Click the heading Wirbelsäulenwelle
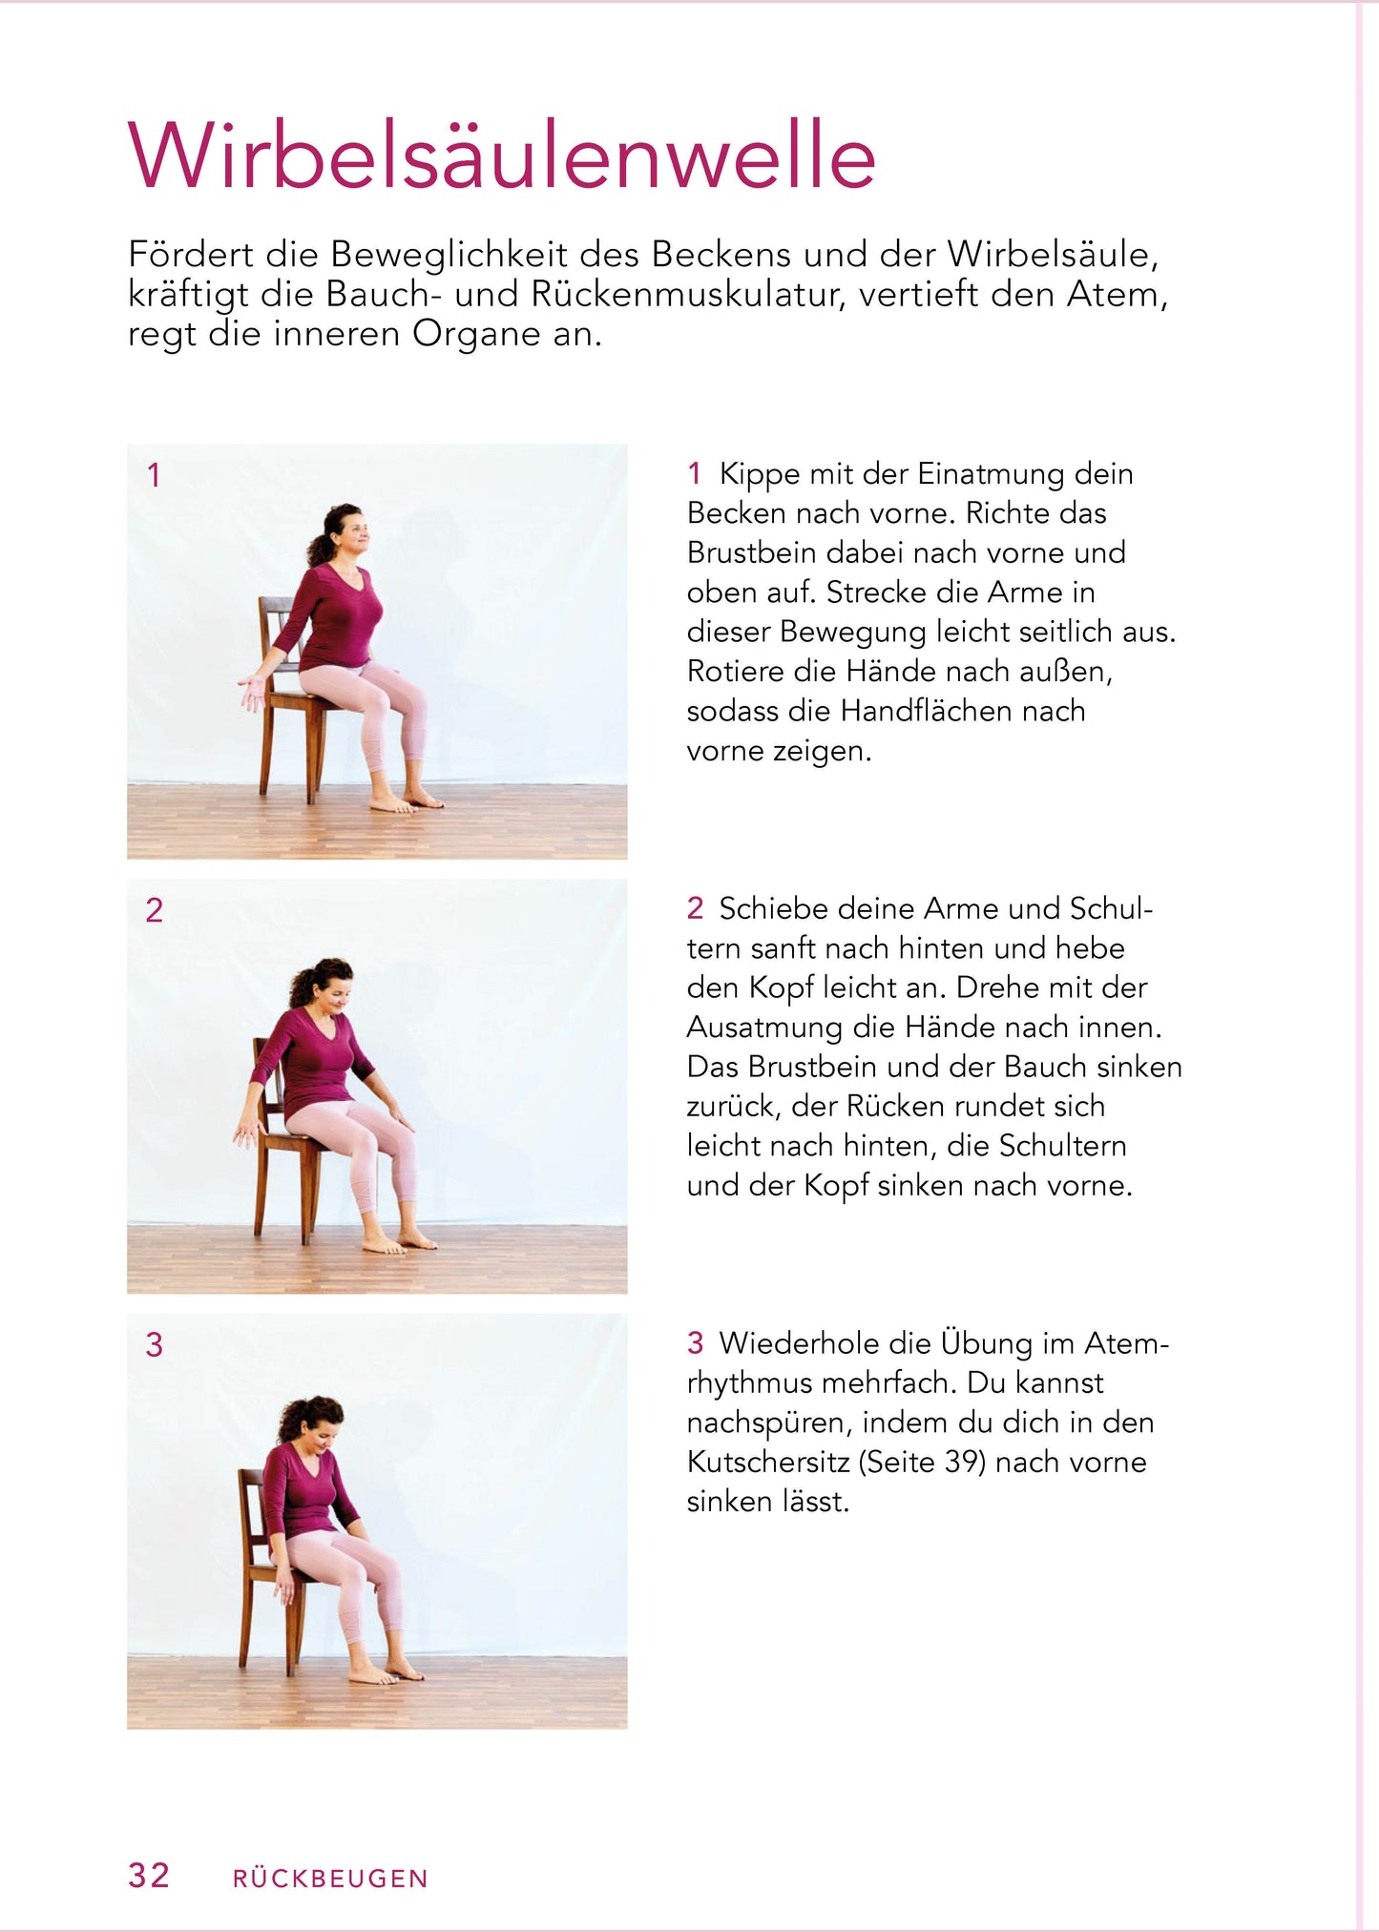tap(501, 157)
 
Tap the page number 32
tap(149, 1875)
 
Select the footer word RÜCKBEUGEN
tap(330, 1879)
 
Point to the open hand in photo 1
tap(252, 690)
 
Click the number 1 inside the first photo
tap(154, 475)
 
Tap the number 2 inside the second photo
tap(154, 910)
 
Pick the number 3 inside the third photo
tap(154, 1345)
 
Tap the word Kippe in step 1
tap(760, 474)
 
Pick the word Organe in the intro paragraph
tap(476, 334)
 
